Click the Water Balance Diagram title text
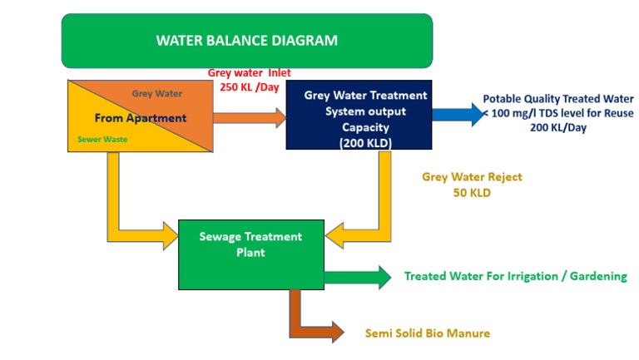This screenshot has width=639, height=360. [247, 40]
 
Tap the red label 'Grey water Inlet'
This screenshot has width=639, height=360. [249, 73]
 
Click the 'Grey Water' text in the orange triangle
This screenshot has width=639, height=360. [157, 94]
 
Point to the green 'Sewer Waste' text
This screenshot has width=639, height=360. [102, 140]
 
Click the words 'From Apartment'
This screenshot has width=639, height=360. [140, 118]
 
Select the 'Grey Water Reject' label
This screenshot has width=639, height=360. [472, 177]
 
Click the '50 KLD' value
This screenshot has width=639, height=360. [472, 193]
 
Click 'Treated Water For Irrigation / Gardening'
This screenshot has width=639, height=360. [515, 276]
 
